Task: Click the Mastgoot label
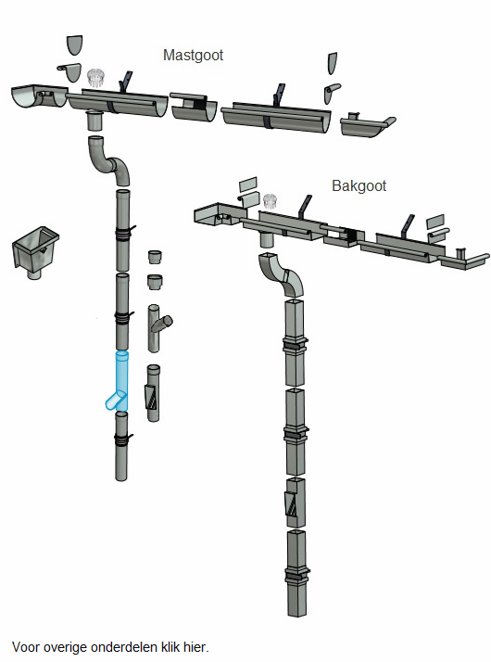[x=193, y=56]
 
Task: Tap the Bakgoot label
[x=359, y=185]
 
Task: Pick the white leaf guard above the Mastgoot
[x=96, y=77]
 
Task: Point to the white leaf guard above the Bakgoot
[x=270, y=200]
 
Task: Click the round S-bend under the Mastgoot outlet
[x=108, y=160]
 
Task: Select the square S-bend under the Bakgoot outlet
[x=282, y=274]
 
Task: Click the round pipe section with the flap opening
[x=153, y=393]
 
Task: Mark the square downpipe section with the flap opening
[x=296, y=503]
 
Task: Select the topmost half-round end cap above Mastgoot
[x=74, y=45]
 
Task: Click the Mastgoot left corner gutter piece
[x=38, y=95]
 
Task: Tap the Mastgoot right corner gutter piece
[x=366, y=125]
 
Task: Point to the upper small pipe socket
[x=156, y=257]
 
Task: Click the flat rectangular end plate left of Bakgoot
[x=248, y=185]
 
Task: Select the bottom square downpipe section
[x=296, y=573]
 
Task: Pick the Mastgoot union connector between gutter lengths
[x=194, y=108]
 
